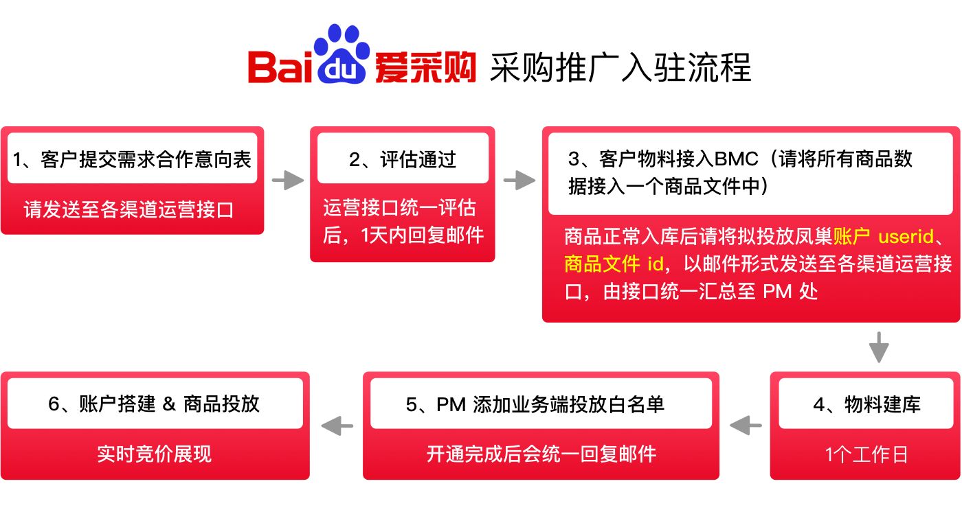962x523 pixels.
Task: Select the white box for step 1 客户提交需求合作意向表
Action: pyautogui.click(x=132, y=160)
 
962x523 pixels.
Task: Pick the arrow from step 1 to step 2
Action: pyautogui.click(x=287, y=181)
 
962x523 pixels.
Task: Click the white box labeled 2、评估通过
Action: pyautogui.click(x=402, y=160)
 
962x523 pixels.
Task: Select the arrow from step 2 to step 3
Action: pyautogui.click(x=519, y=181)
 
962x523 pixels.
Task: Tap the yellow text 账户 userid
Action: pyautogui.click(x=884, y=237)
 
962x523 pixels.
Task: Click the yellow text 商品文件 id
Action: pyautogui.click(x=614, y=264)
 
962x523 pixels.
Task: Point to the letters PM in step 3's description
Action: pyautogui.click(x=778, y=291)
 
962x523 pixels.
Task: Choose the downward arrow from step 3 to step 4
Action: pyautogui.click(x=878, y=347)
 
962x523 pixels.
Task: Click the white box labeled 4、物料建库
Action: pyautogui.click(x=866, y=404)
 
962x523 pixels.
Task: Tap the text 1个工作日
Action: pyautogui.click(x=866, y=454)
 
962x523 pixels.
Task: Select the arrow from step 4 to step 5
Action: pyautogui.click(x=746, y=426)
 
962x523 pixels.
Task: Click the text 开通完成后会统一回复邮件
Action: pyautogui.click(x=541, y=454)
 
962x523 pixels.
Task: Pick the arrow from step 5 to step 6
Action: pyautogui.click(x=337, y=426)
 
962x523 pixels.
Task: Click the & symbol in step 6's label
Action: pyautogui.click(x=169, y=404)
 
